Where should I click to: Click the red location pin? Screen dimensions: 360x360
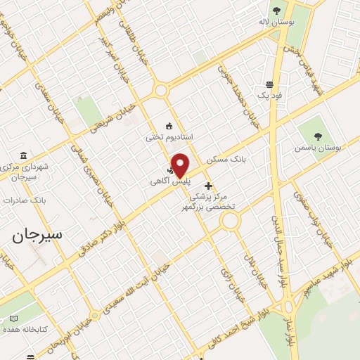point(180,165)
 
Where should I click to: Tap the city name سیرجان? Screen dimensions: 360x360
point(37,235)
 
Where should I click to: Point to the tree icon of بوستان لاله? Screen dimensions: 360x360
point(276,11)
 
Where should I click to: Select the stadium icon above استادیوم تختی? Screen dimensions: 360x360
point(169,125)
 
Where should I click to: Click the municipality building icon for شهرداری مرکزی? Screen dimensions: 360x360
point(24,155)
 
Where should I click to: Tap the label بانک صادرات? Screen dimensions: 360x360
point(24,200)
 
